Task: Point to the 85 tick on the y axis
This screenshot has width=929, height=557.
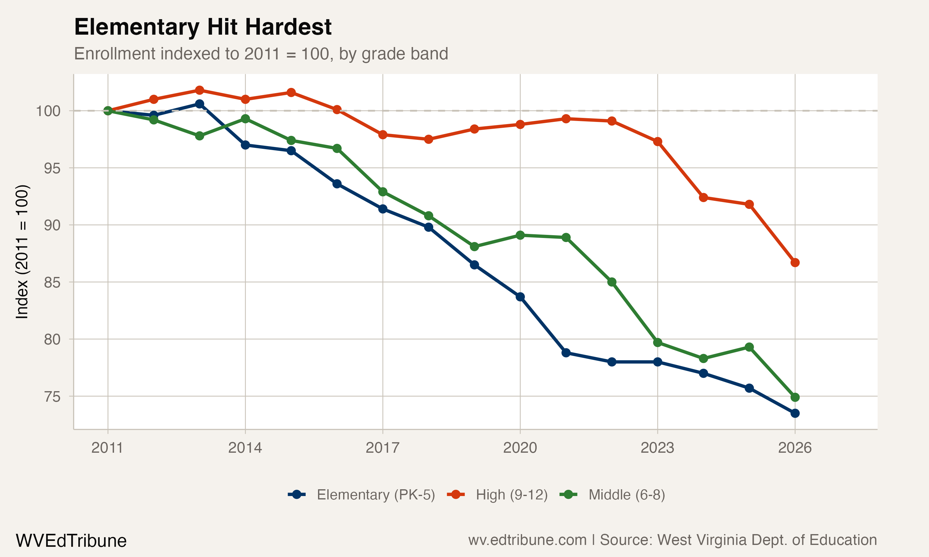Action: coord(52,282)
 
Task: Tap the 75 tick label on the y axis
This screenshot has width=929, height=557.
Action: coord(52,396)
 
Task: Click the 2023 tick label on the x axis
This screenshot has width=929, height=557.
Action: coord(657,448)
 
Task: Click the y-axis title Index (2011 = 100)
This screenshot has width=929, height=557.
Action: coord(22,252)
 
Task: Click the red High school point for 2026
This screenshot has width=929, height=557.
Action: coord(795,263)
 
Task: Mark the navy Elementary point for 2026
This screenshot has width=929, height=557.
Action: coord(795,413)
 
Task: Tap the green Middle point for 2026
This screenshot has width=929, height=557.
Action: coord(795,397)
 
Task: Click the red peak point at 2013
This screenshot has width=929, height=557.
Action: coord(199,90)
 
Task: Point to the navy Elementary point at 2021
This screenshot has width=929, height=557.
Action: coord(566,353)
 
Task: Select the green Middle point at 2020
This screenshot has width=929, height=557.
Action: coord(520,235)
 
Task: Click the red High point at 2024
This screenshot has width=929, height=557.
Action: coord(703,197)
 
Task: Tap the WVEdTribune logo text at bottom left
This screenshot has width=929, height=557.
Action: coord(71,541)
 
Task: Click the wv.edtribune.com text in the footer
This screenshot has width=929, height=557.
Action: coord(527,540)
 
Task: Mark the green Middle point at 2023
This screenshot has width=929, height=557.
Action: coord(657,342)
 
